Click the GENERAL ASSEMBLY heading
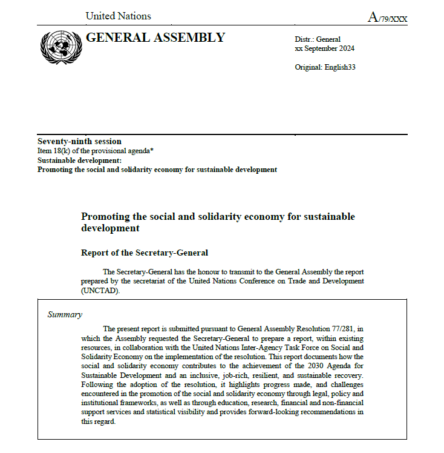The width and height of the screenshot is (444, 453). pos(155,38)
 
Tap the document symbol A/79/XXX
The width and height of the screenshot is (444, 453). pos(387,18)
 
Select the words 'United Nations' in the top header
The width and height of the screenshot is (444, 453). pos(118,16)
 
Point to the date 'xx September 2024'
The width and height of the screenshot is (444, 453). pos(324,48)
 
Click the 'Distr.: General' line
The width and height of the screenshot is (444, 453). pos(318,39)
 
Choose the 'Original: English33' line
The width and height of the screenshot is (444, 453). pos(325,67)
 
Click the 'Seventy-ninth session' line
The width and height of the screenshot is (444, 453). pos(79,141)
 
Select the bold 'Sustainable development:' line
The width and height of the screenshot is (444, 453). pos(79,160)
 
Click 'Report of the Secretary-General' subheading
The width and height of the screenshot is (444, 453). pos(145,253)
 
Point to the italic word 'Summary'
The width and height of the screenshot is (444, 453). pos(65,314)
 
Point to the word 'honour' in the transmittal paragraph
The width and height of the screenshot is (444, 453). pos(199,272)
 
